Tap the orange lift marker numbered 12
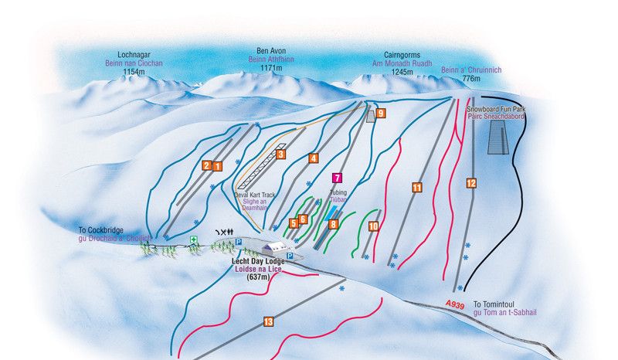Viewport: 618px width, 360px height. (471, 183)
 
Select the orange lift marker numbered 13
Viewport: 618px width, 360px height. (268, 321)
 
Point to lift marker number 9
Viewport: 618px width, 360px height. (380, 113)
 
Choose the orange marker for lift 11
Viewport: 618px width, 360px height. (416, 187)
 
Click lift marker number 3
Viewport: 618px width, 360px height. (281, 155)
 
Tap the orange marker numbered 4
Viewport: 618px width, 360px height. (313, 158)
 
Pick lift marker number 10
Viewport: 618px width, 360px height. (373, 226)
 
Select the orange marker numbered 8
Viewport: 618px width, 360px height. (334, 224)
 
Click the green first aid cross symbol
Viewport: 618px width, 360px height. (194, 239)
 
